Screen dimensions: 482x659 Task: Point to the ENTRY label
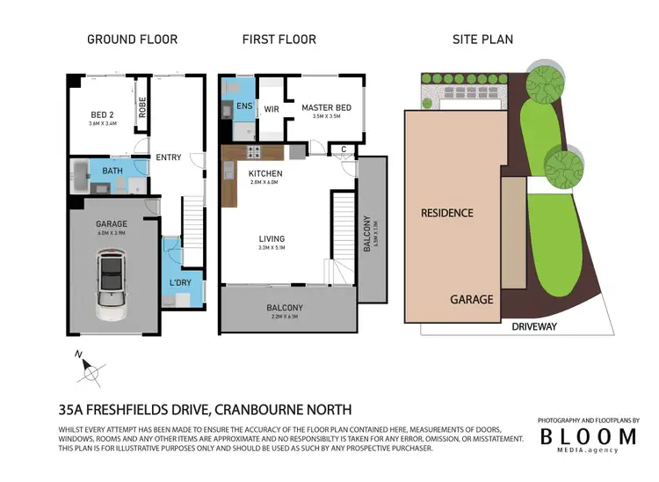[x=168, y=157]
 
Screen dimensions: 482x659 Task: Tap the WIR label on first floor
[x=272, y=111]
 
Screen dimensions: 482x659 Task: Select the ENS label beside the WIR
[x=243, y=107]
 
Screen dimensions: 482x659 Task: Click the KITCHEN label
[x=264, y=173]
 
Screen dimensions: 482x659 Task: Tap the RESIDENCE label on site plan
[x=446, y=213]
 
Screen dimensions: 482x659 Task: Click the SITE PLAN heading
[x=482, y=40]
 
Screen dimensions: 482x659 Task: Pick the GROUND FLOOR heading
[x=132, y=40]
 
